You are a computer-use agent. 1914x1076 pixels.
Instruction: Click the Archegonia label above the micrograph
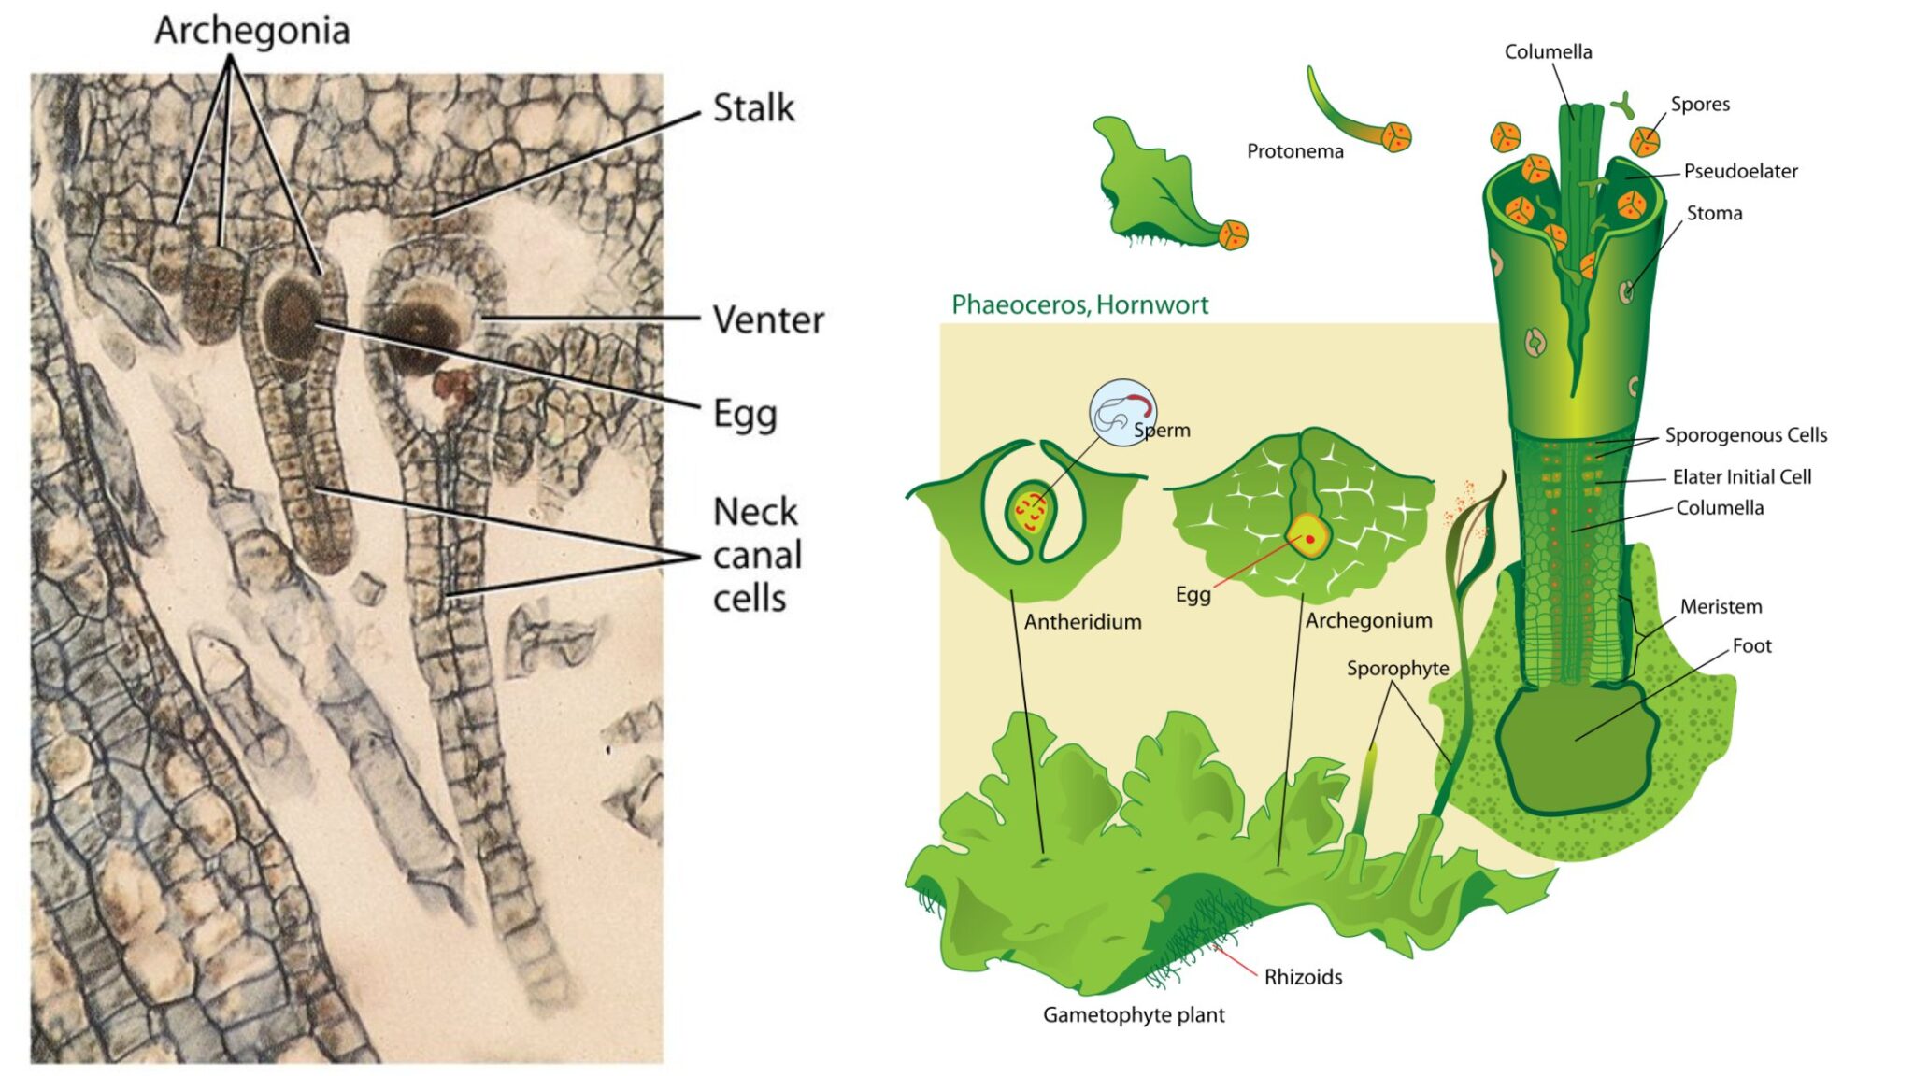coord(252,31)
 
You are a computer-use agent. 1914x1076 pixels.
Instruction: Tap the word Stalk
coord(753,108)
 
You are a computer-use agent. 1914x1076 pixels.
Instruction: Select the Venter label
coord(768,320)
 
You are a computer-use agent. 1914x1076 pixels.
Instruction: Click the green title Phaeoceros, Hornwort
coord(1079,304)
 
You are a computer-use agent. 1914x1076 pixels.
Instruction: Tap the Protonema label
coord(1294,151)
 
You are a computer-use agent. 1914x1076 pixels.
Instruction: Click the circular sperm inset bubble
coord(1121,412)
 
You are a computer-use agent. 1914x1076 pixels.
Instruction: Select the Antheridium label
coord(1082,622)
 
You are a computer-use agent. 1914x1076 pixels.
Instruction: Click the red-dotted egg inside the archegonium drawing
coord(1308,539)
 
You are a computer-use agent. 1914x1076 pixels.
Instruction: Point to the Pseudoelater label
coord(1740,171)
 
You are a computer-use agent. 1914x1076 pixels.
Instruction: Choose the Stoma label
coord(1714,213)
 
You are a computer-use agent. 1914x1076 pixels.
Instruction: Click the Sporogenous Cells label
coord(1746,435)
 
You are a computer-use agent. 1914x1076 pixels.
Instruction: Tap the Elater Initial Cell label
coord(1741,477)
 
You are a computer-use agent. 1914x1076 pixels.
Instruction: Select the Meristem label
coord(1721,607)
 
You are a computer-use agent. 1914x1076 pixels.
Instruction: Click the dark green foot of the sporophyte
coord(1575,747)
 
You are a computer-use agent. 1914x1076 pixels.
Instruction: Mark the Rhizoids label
coord(1303,977)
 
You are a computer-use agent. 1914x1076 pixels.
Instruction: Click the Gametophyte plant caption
coord(1134,1015)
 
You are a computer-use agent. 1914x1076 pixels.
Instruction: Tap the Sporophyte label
coord(1397,669)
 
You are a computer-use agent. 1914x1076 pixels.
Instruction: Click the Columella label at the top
coord(1548,52)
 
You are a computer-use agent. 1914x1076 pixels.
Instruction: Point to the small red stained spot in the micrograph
coord(452,384)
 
